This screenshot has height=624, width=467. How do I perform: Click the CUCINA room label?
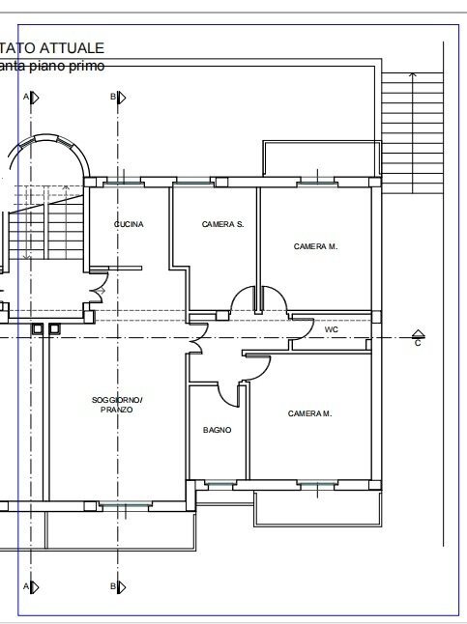(x=129, y=224)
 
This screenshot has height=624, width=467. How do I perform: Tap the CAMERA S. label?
(x=222, y=224)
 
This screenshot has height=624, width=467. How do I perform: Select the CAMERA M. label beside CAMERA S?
(x=315, y=246)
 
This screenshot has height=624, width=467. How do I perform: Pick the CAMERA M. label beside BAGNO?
(x=309, y=413)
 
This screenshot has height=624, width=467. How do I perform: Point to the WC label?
(x=331, y=329)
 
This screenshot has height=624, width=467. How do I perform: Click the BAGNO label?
(x=217, y=431)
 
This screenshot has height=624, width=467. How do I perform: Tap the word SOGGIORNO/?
(x=117, y=400)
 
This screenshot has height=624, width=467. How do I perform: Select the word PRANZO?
(x=116, y=411)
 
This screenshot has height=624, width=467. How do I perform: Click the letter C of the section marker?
(x=418, y=343)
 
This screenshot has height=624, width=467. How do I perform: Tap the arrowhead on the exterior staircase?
(x=412, y=75)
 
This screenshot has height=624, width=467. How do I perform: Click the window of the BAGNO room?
(x=218, y=482)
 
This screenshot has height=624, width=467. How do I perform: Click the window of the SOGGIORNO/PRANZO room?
(x=125, y=504)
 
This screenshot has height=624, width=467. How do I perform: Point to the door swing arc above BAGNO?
(x=230, y=394)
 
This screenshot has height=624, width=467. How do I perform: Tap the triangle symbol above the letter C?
(x=418, y=332)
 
